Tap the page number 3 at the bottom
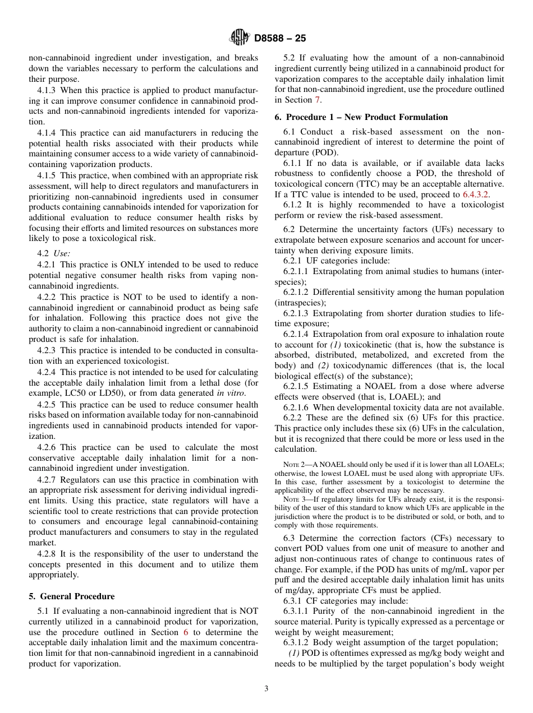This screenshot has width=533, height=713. pyautogui.click(x=266, y=689)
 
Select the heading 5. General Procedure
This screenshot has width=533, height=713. pyautogui.click(x=72, y=596)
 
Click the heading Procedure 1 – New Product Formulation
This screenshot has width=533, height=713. pyautogui.click(x=361, y=117)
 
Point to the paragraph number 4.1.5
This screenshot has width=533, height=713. pyautogui.click(x=47, y=175)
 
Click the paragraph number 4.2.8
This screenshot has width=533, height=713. pyautogui.click(x=47, y=554)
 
